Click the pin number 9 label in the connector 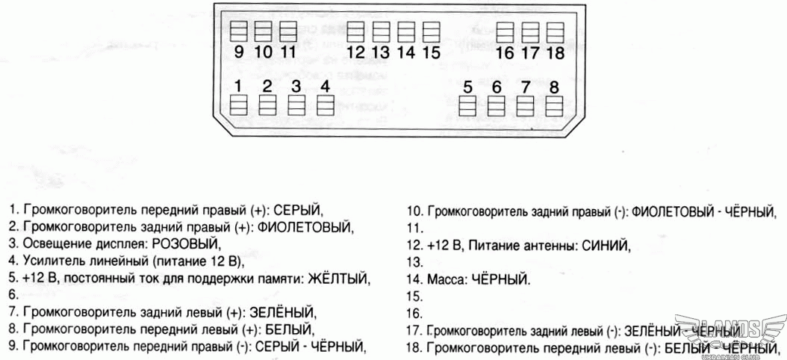click(238, 52)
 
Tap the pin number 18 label click(555, 53)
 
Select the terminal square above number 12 click(356, 32)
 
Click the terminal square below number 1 click(238, 105)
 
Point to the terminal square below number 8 click(553, 106)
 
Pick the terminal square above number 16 click(505, 32)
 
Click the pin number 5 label click(467, 87)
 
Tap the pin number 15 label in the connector click(431, 52)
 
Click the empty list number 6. click(13, 296)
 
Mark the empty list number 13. click(414, 262)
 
